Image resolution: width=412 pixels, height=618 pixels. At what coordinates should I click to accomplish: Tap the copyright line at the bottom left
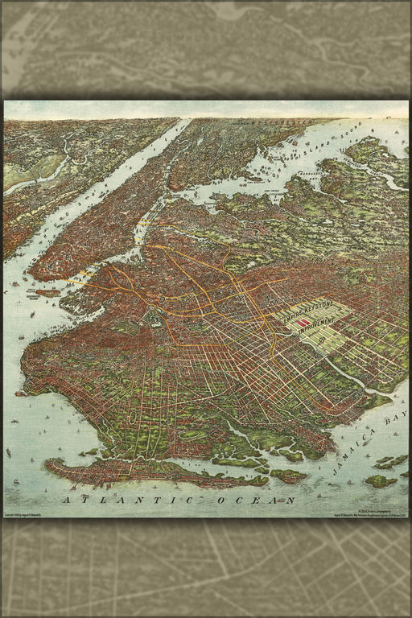tap(32, 513)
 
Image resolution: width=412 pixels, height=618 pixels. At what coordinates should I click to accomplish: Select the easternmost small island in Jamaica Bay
tap(381, 481)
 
